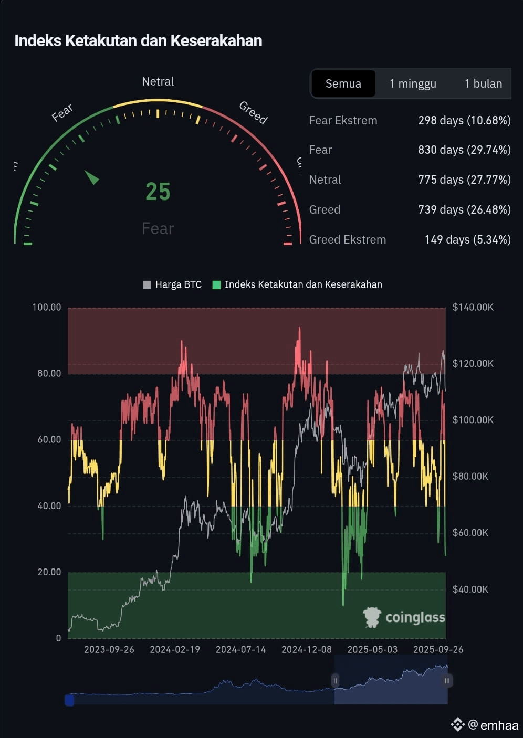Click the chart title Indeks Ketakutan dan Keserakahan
click(x=138, y=41)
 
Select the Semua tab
click(x=343, y=83)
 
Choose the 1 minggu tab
click(x=413, y=83)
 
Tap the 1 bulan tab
click(x=483, y=83)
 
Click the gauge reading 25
click(x=158, y=192)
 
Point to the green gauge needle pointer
click(x=92, y=177)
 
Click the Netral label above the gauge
click(x=158, y=81)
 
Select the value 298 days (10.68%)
click(x=464, y=121)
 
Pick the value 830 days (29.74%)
click(x=464, y=150)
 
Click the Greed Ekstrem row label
click(x=347, y=239)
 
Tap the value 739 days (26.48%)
click(x=464, y=210)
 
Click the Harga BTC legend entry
click(x=172, y=284)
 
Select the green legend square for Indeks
click(x=216, y=284)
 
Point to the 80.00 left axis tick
click(x=49, y=373)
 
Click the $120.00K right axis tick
click(x=473, y=363)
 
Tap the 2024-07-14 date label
click(x=240, y=649)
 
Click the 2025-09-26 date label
click(x=438, y=649)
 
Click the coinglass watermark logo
click(x=404, y=617)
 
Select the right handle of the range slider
click(x=447, y=681)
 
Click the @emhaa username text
click(x=493, y=725)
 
